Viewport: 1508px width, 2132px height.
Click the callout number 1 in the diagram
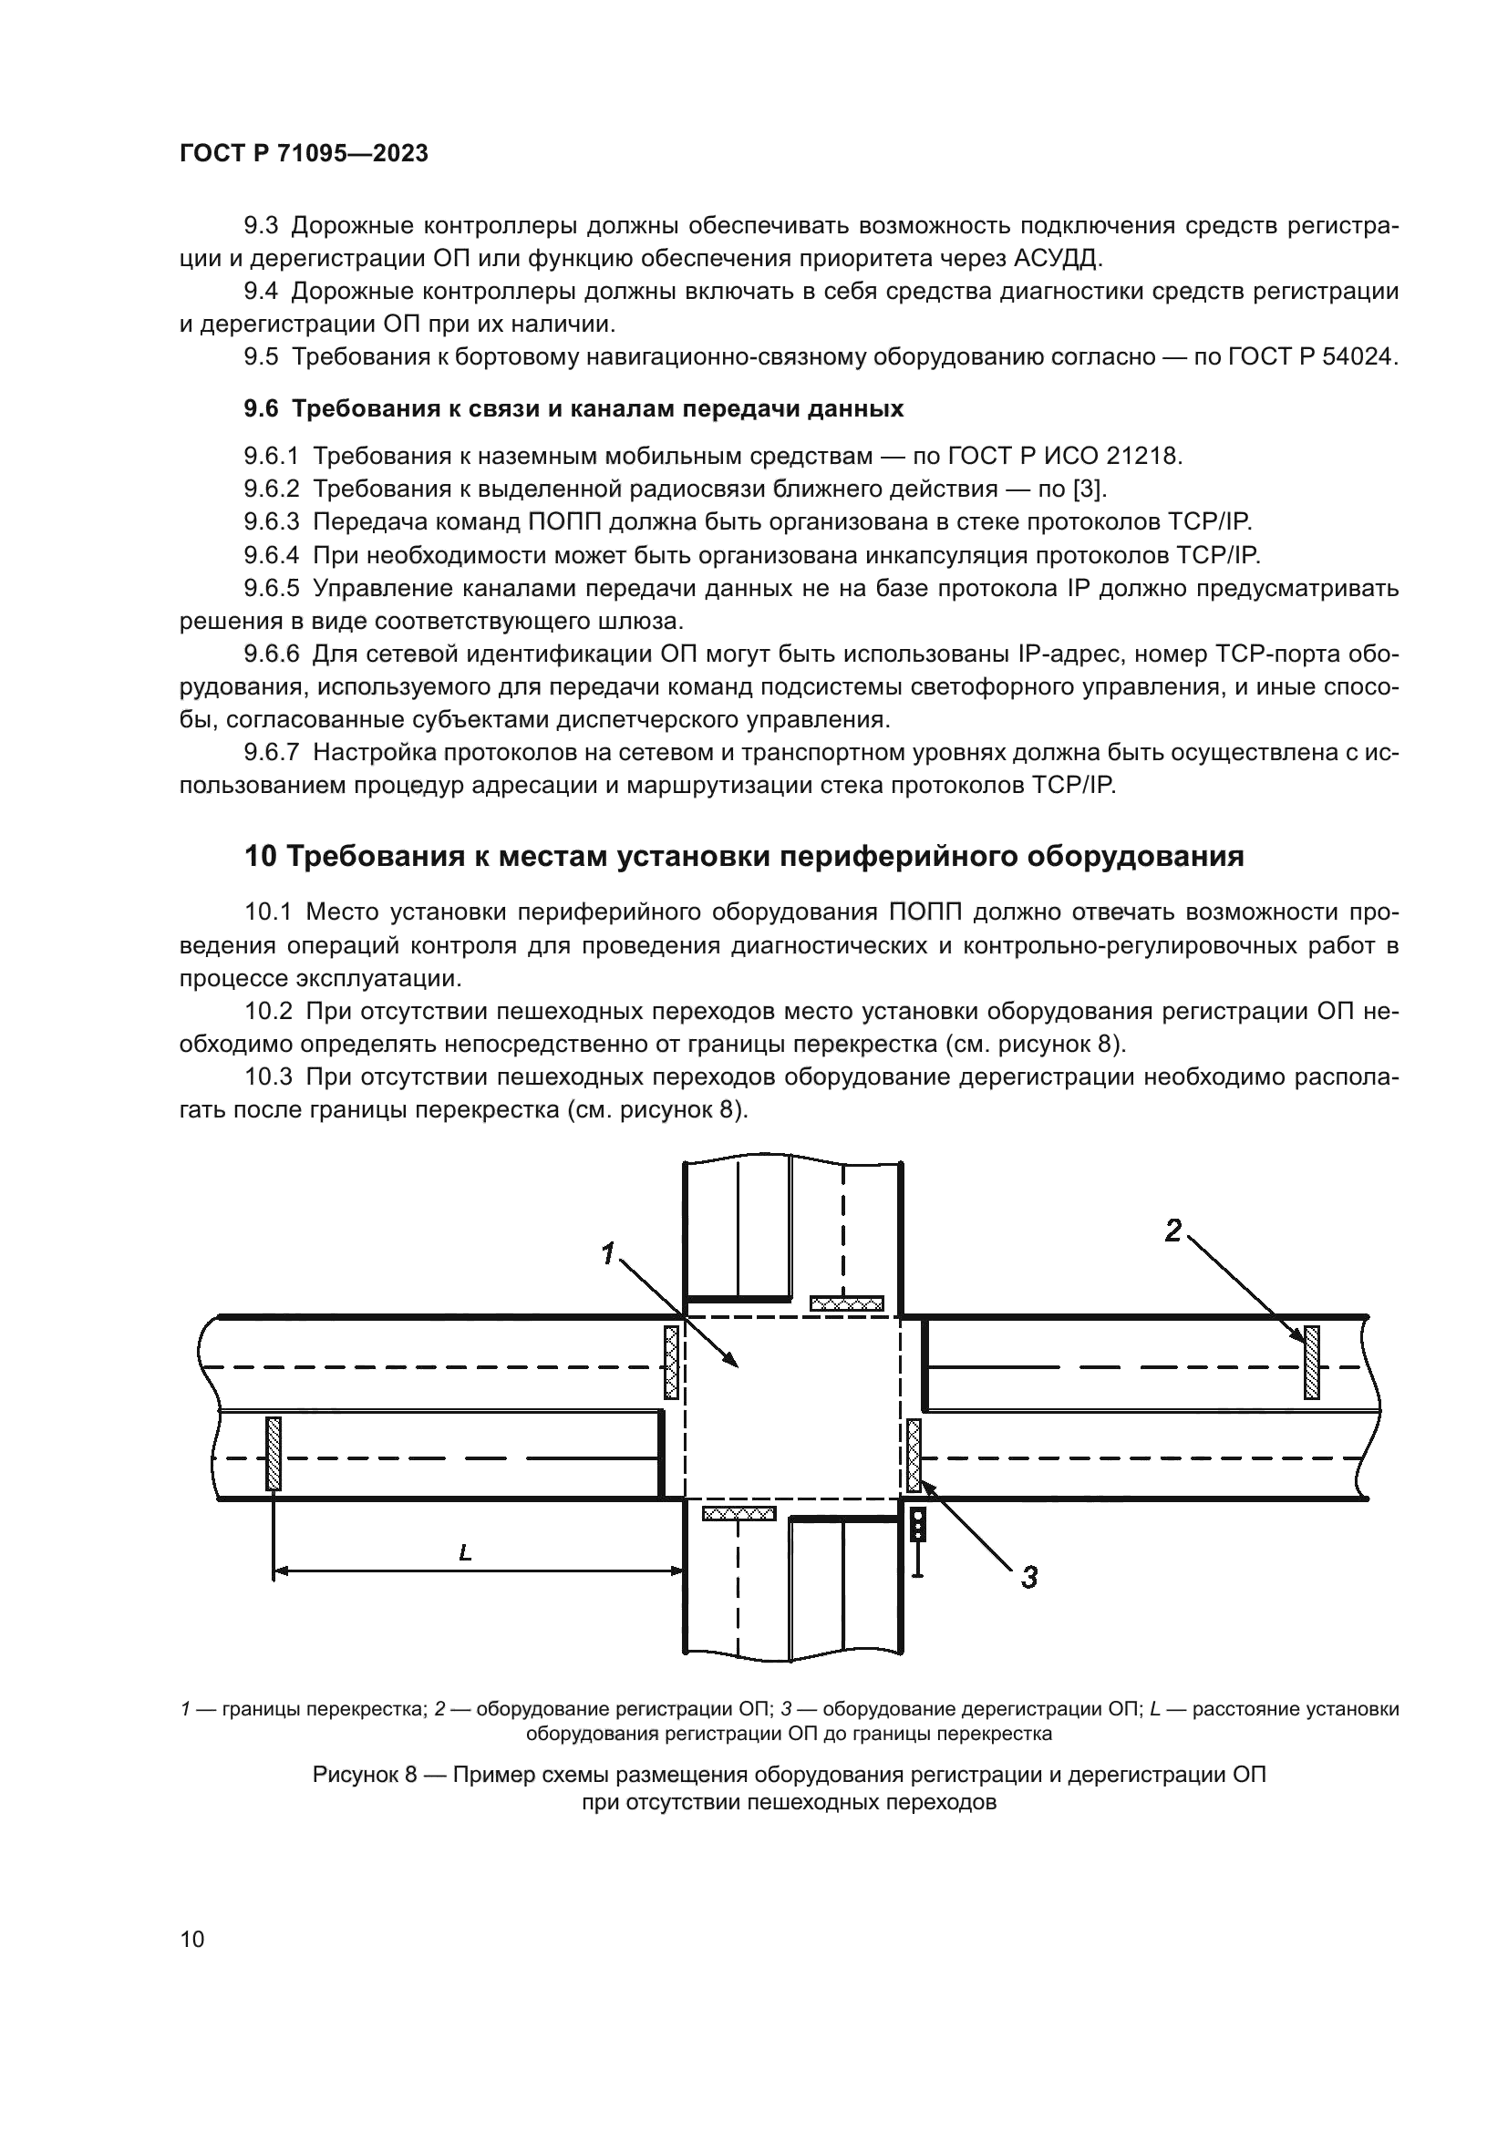click(608, 1253)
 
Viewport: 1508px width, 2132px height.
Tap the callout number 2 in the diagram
click(1173, 1231)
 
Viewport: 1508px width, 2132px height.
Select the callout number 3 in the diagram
click(1028, 1577)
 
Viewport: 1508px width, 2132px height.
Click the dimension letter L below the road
click(465, 1551)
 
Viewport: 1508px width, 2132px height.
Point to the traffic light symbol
click(917, 1526)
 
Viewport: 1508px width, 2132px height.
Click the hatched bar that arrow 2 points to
click(1311, 1362)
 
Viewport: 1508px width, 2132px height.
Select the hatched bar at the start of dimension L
click(273, 1453)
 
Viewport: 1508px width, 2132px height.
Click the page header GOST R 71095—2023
click(304, 154)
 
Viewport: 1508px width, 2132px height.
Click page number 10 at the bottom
click(192, 1939)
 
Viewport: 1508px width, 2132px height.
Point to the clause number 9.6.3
click(271, 522)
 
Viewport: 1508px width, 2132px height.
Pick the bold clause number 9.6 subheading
click(260, 408)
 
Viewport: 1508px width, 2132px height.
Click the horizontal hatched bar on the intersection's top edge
click(846, 1303)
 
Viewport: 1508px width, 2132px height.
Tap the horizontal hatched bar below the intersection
click(739, 1514)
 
